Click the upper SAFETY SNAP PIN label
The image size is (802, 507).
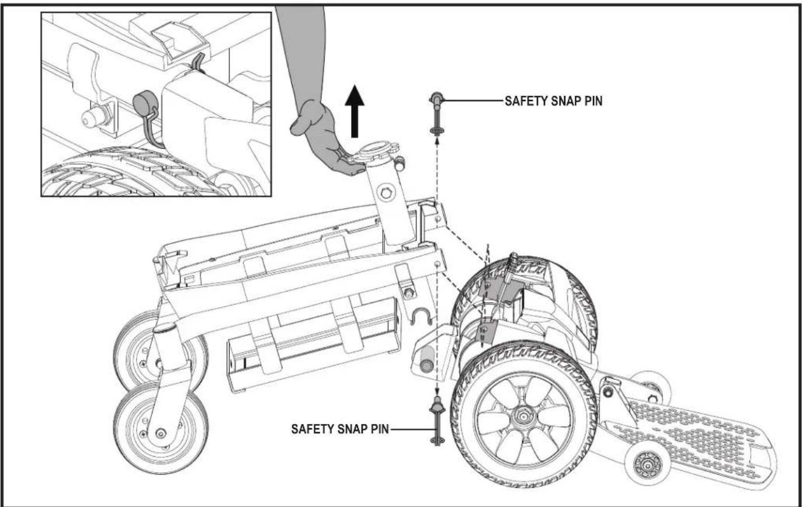(x=554, y=101)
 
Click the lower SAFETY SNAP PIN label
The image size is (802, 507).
(x=340, y=429)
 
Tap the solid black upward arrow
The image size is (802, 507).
(x=355, y=112)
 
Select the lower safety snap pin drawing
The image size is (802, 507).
(x=437, y=421)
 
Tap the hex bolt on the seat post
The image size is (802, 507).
(x=386, y=193)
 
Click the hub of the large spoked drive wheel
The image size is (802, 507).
(x=523, y=416)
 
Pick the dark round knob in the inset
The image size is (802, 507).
(x=143, y=105)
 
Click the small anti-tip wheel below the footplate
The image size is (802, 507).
(x=647, y=466)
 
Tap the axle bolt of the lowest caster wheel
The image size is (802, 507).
(x=161, y=433)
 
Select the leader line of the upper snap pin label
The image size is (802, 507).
(x=473, y=101)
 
